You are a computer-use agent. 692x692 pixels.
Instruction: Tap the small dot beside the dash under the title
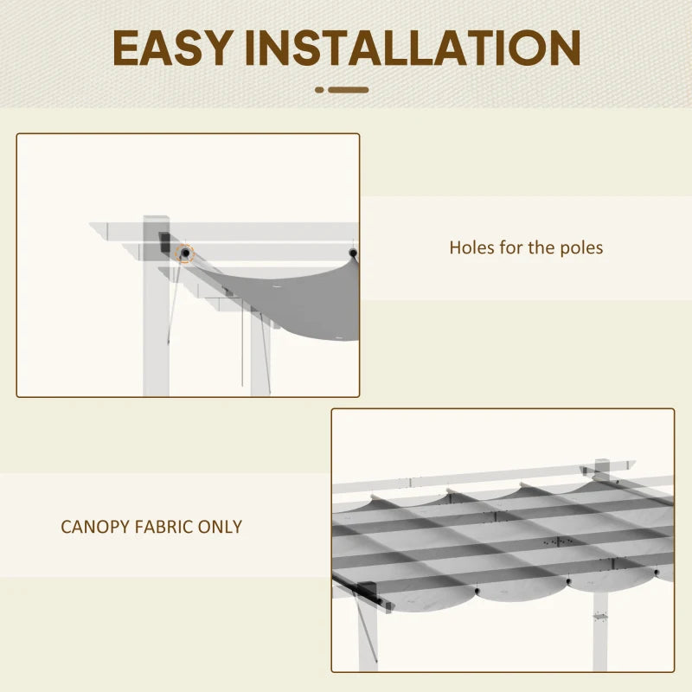point(319,89)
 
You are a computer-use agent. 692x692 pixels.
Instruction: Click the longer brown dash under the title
point(349,89)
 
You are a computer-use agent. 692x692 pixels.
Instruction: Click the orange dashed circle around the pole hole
point(183,253)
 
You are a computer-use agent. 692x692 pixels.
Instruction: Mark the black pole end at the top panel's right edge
point(352,253)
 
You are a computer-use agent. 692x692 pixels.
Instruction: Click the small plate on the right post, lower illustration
point(600,617)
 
